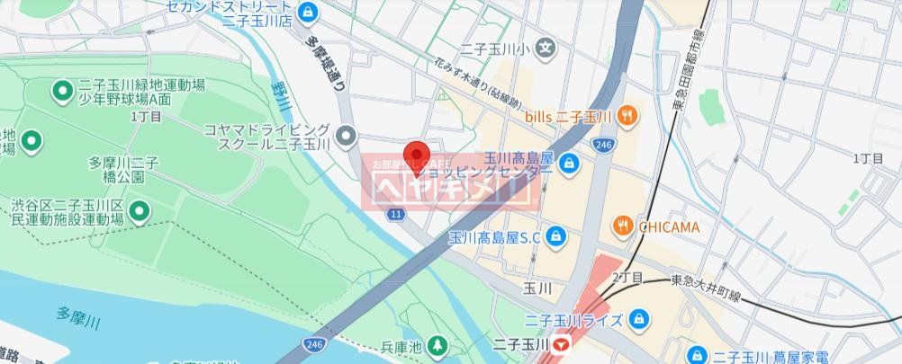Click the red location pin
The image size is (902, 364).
click(x=415, y=157)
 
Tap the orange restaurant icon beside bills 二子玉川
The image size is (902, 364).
click(x=628, y=115)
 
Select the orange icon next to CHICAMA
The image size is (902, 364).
click(x=622, y=226)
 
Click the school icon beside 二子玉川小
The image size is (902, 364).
click(x=546, y=49)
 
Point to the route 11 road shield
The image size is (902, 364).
click(x=395, y=213)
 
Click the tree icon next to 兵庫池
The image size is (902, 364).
click(x=437, y=345)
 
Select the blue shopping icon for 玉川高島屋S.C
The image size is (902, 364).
click(x=558, y=236)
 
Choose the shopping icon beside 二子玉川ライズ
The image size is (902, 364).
click(x=638, y=318)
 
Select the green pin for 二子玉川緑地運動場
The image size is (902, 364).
click(x=63, y=90)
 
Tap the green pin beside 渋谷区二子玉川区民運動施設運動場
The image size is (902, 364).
click(x=140, y=212)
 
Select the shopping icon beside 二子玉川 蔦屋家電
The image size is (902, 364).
click(x=696, y=357)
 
